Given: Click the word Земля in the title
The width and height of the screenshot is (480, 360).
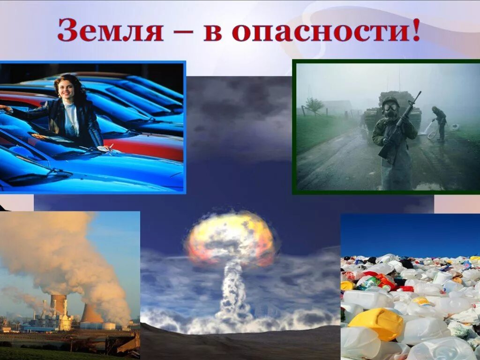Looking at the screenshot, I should (x=110, y=31).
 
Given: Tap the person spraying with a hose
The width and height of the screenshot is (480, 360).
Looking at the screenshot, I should (x=440, y=122).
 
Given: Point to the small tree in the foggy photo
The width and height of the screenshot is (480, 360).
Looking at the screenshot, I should (x=314, y=105).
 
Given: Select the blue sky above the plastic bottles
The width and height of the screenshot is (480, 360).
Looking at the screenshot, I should (x=408, y=234).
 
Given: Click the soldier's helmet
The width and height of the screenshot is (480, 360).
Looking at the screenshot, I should (x=390, y=100).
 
